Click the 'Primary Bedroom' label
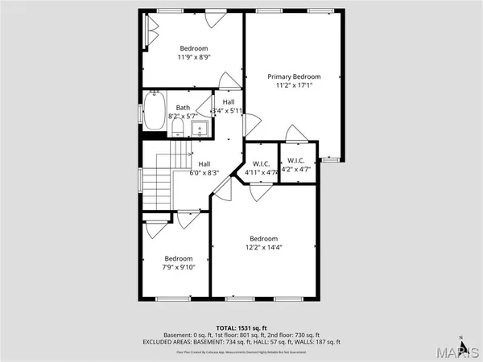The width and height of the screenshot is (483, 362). coord(294,76)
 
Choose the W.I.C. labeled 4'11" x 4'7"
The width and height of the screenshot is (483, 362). coord(261,171)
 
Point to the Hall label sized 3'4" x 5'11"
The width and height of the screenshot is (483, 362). coord(228,110)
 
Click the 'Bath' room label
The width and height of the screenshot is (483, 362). coord(184,107)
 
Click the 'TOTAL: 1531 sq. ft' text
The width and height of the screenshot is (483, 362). coord(242,328)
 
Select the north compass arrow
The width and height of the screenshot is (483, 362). coord(460,337)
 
